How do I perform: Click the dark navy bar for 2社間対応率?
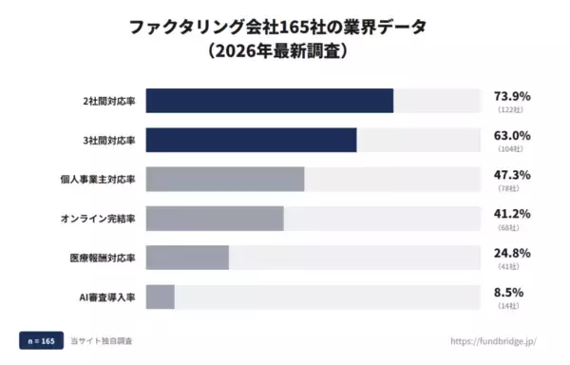pos(270,101)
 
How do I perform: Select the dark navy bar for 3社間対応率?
pos(252,140)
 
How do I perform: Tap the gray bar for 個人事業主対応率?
pos(225,179)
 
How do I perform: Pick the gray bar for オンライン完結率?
pos(215,219)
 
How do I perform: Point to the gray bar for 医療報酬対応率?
pos(187,258)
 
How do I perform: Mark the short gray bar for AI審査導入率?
pos(161,297)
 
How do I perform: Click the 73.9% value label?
pos(511,96)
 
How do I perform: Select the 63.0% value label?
pos(511,135)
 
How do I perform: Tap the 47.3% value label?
pos(511,175)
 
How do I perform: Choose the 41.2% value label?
pos(511,214)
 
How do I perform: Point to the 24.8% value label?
pos(511,253)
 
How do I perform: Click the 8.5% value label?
pos(508,292)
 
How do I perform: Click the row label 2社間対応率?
pos(109,101)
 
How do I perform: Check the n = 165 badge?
pos(40,340)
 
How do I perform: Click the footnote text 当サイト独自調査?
pos(102,340)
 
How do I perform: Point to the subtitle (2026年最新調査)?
pos(285,53)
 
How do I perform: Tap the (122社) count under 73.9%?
pos(511,110)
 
